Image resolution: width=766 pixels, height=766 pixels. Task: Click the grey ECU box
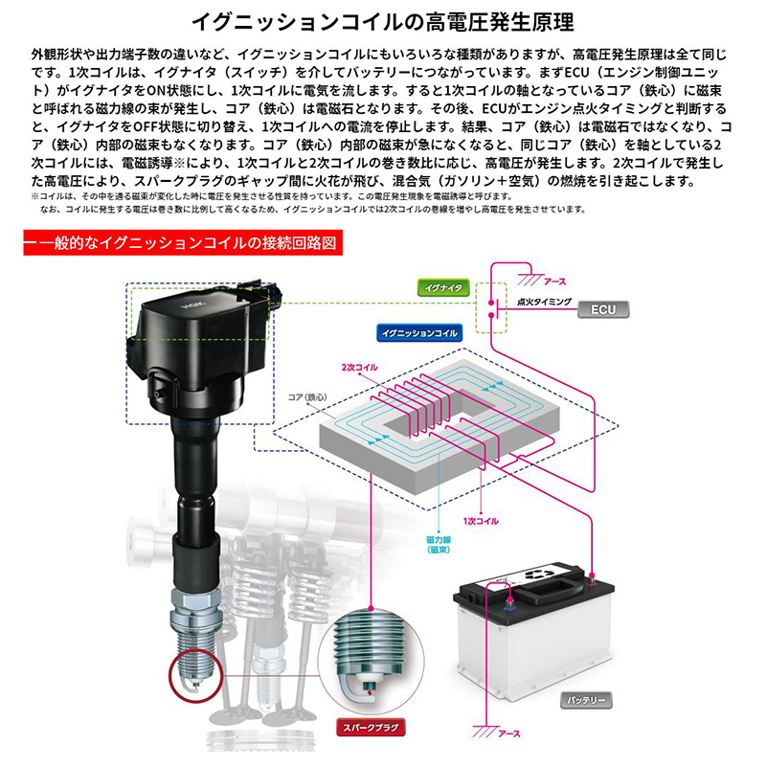point(603,309)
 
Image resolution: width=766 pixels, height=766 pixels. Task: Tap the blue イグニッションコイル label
point(417,333)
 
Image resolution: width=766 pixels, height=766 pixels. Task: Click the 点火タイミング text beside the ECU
point(543,302)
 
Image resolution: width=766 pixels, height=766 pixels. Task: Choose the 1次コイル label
point(476,521)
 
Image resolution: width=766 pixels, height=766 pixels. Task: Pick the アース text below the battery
point(509,733)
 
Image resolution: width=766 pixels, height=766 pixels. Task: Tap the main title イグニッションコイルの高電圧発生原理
point(383,19)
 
